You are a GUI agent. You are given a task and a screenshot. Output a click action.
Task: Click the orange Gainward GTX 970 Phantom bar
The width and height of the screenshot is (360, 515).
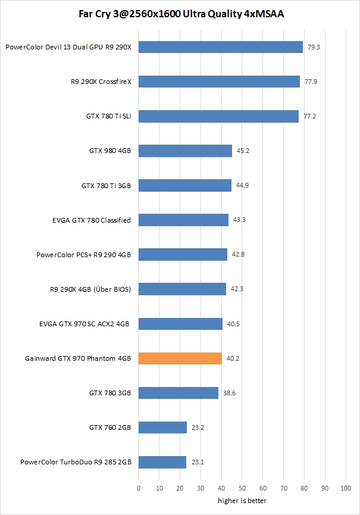(180, 358)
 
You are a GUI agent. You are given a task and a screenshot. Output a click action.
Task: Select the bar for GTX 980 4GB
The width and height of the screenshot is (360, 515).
(185, 151)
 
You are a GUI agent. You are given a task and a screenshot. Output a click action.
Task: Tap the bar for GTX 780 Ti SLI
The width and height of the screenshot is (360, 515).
(218, 116)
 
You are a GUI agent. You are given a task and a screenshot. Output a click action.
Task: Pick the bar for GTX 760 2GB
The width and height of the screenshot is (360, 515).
(162, 427)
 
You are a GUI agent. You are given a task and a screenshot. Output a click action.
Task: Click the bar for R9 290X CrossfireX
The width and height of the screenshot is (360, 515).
(219, 82)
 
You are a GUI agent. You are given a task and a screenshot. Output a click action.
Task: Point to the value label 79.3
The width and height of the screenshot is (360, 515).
(314, 47)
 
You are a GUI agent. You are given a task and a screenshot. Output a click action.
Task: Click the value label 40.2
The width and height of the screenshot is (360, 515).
(233, 358)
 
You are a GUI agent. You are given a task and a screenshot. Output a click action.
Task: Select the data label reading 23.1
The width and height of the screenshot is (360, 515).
(197, 462)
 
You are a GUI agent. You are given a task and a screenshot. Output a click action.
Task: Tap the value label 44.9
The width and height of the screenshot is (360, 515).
(242, 186)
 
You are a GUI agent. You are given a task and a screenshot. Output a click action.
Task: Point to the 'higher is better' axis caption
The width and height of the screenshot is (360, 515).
(242, 501)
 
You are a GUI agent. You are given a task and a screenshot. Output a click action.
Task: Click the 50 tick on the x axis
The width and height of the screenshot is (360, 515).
(242, 489)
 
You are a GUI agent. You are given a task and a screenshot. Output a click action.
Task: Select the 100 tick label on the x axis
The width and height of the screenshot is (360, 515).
(345, 489)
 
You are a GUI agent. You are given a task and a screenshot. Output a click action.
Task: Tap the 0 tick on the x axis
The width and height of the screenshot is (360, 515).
(139, 489)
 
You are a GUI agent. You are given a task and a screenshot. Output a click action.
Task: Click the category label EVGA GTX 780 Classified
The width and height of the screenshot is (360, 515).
(92, 220)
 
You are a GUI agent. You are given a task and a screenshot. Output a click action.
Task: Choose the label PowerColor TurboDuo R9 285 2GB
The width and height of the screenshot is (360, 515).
(76, 462)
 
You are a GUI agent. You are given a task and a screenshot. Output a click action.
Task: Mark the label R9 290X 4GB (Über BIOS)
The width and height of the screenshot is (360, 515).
(90, 289)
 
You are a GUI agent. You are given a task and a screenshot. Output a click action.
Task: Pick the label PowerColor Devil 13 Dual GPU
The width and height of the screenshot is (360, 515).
(68, 47)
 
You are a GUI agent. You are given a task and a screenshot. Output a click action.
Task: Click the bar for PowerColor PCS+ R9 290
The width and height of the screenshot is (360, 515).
(183, 255)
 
